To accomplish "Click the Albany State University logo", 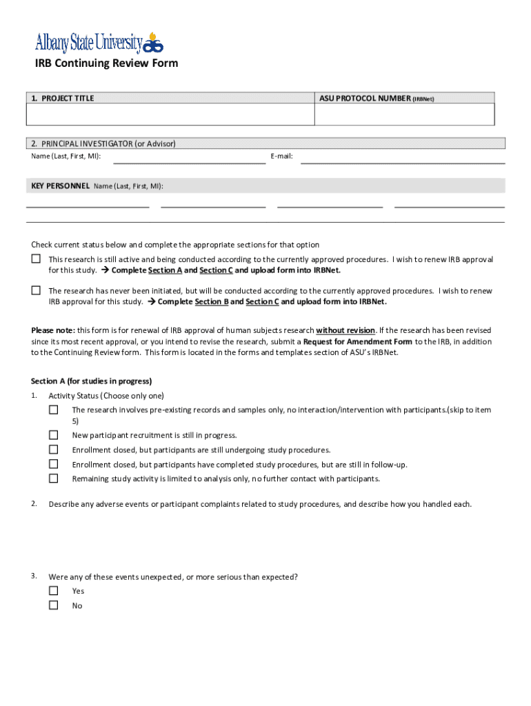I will [99, 43].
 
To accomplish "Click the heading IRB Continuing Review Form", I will [106, 63].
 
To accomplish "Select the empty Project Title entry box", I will [170, 114].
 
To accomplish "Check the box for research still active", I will [36, 259].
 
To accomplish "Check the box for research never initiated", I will [36, 290].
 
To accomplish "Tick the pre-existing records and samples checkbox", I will [53, 410].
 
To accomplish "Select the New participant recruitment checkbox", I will [53, 435].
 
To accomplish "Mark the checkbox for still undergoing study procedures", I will [53, 450].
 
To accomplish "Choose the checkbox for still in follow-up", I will [53, 464].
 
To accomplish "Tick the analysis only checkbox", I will [53, 478].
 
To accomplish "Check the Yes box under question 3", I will [53, 591].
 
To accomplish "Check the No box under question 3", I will [53, 605].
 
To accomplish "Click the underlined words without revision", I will [345, 330].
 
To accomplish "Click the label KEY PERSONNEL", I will [60, 186].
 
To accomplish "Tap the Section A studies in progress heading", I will [91, 381].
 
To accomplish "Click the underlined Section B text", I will [212, 302].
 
